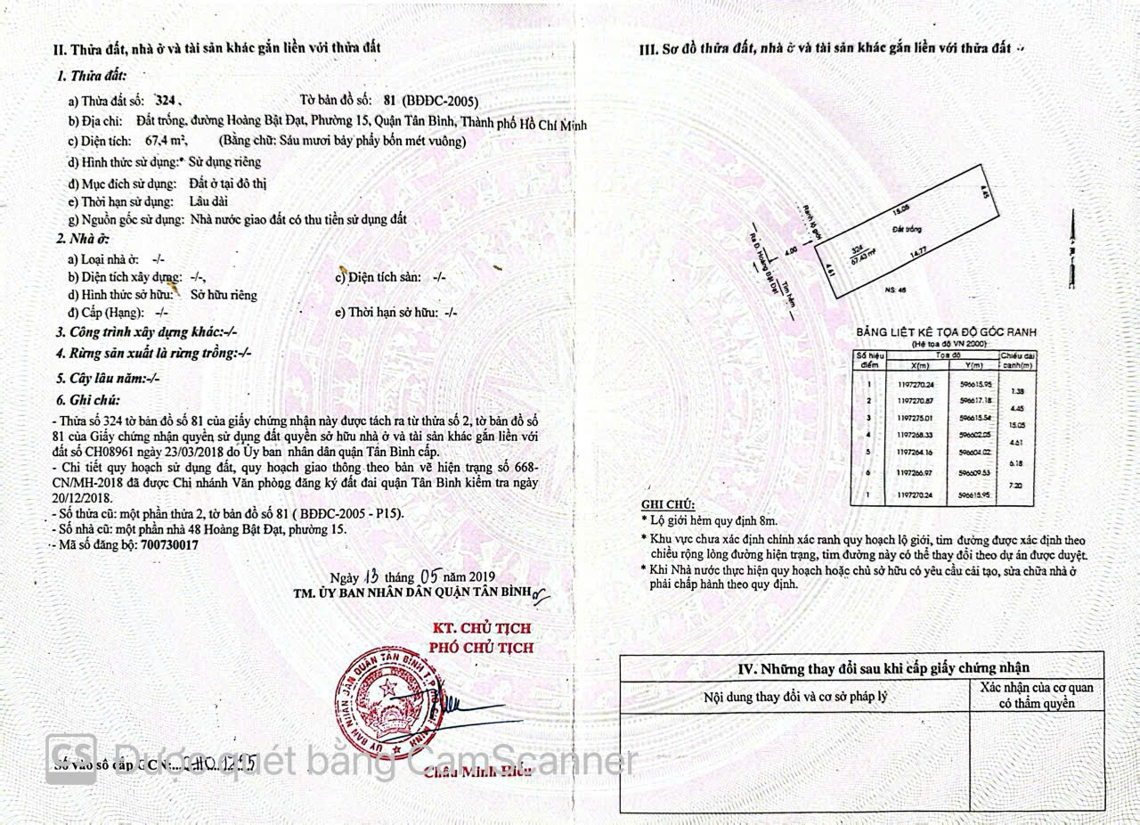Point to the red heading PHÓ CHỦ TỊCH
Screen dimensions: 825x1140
481,648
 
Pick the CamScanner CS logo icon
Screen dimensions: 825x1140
71,758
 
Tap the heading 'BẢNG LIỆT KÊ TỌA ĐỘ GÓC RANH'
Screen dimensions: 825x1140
946,332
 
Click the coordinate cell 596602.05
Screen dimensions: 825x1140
973,435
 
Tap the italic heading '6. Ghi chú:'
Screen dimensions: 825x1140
88,400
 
